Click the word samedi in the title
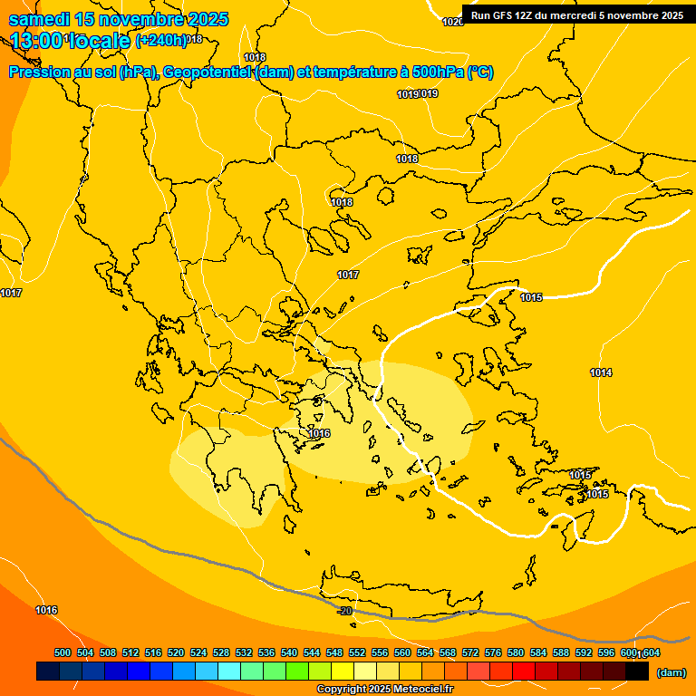click(42, 19)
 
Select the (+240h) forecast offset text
click(160, 40)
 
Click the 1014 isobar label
click(601, 372)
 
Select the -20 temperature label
click(344, 612)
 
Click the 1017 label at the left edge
click(11, 293)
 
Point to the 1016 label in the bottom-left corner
click(46, 610)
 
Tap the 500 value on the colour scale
click(63, 652)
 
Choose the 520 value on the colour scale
click(176, 652)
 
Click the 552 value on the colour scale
click(357, 652)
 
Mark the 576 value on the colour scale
click(493, 652)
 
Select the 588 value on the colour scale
click(561, 652)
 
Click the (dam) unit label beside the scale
click(671, 672)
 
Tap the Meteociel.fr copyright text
click(384, 690)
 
